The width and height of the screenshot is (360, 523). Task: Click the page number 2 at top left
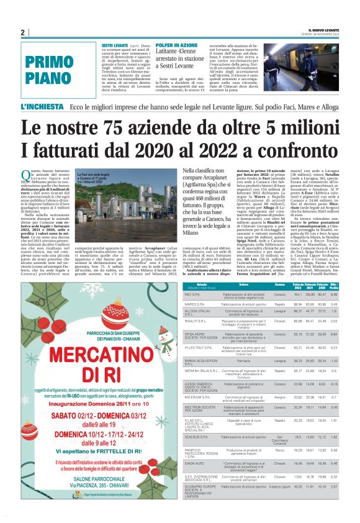[x=22, y=32]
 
